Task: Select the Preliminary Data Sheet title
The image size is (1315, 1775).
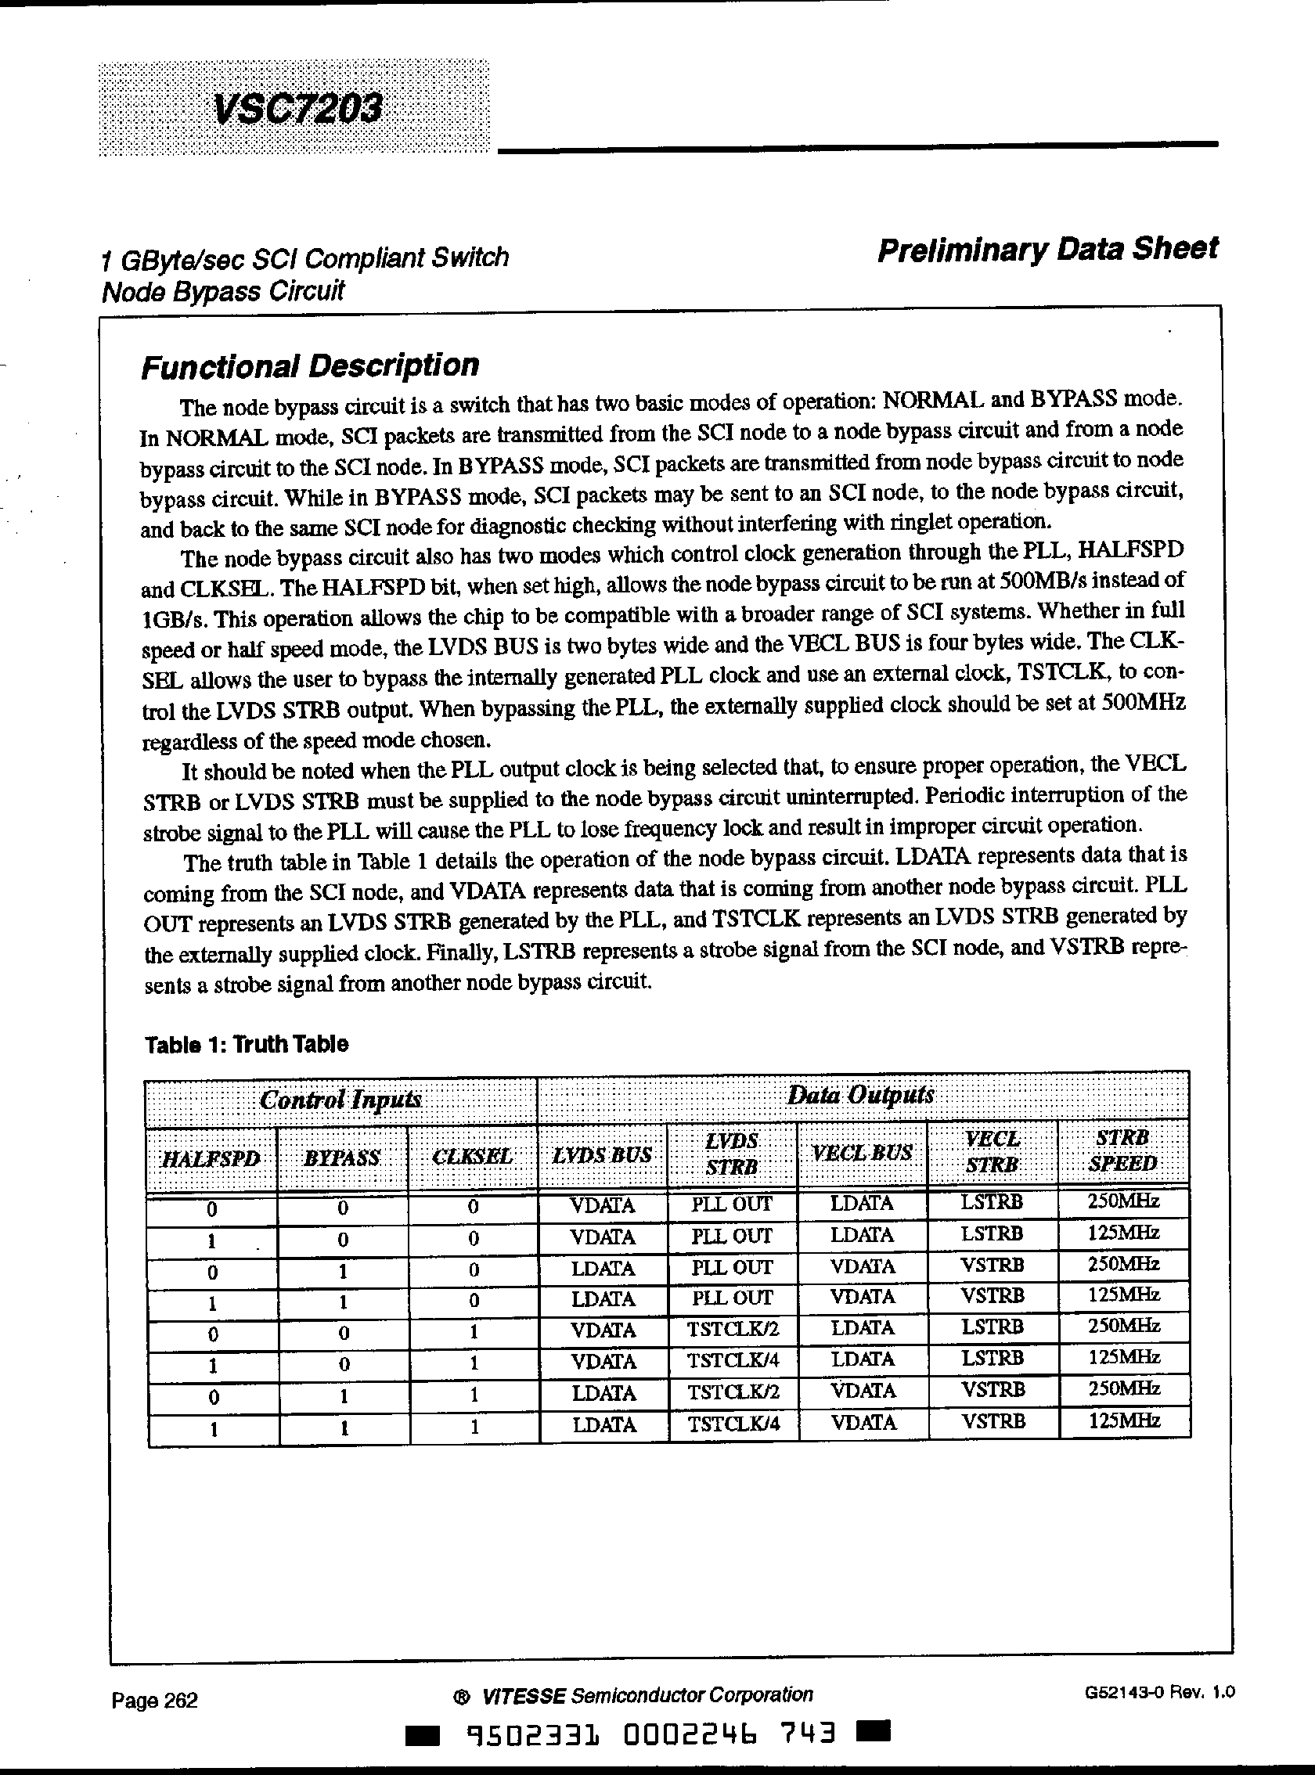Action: point(1047,249)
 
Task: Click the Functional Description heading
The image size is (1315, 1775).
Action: point(310,366)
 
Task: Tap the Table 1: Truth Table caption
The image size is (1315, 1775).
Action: point(247,1043)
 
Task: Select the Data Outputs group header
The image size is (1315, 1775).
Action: point(860,1094)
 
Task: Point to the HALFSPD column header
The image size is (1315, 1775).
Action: point(211,1158)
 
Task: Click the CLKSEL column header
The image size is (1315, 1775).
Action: point(472,1157)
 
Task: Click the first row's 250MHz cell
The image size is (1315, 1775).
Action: point(1122,1201)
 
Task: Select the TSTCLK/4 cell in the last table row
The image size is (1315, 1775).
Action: point(732,1423)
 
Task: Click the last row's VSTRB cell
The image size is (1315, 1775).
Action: point(993,1421)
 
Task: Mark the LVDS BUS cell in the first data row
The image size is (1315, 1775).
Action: point(603,1206)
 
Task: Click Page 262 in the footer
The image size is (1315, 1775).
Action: point(154,1700)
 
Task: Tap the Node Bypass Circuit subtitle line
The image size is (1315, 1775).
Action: point(223,292)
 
